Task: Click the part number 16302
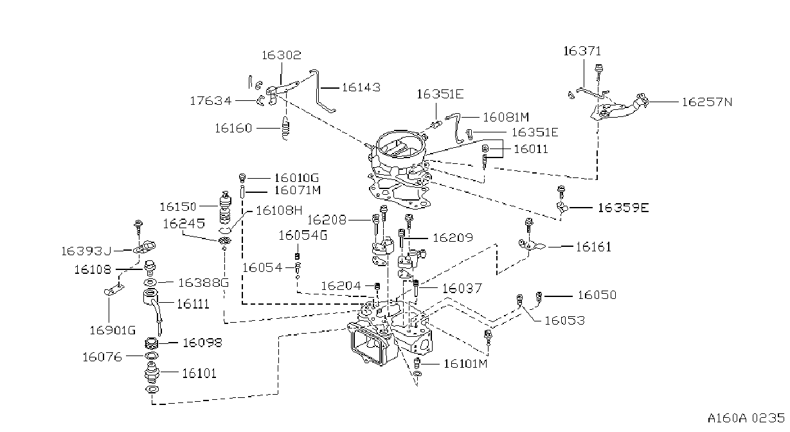pos(282,55)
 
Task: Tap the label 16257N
pos(707,102)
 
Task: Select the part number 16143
pos(361,87)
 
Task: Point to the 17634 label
pos(211,101)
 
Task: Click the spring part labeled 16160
pos(285,128)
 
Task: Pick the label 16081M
pos(506,117)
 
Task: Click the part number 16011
pos(531,149)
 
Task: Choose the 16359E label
pos(623,208)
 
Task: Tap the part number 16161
pos(593,247)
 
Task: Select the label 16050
pos(597,295)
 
